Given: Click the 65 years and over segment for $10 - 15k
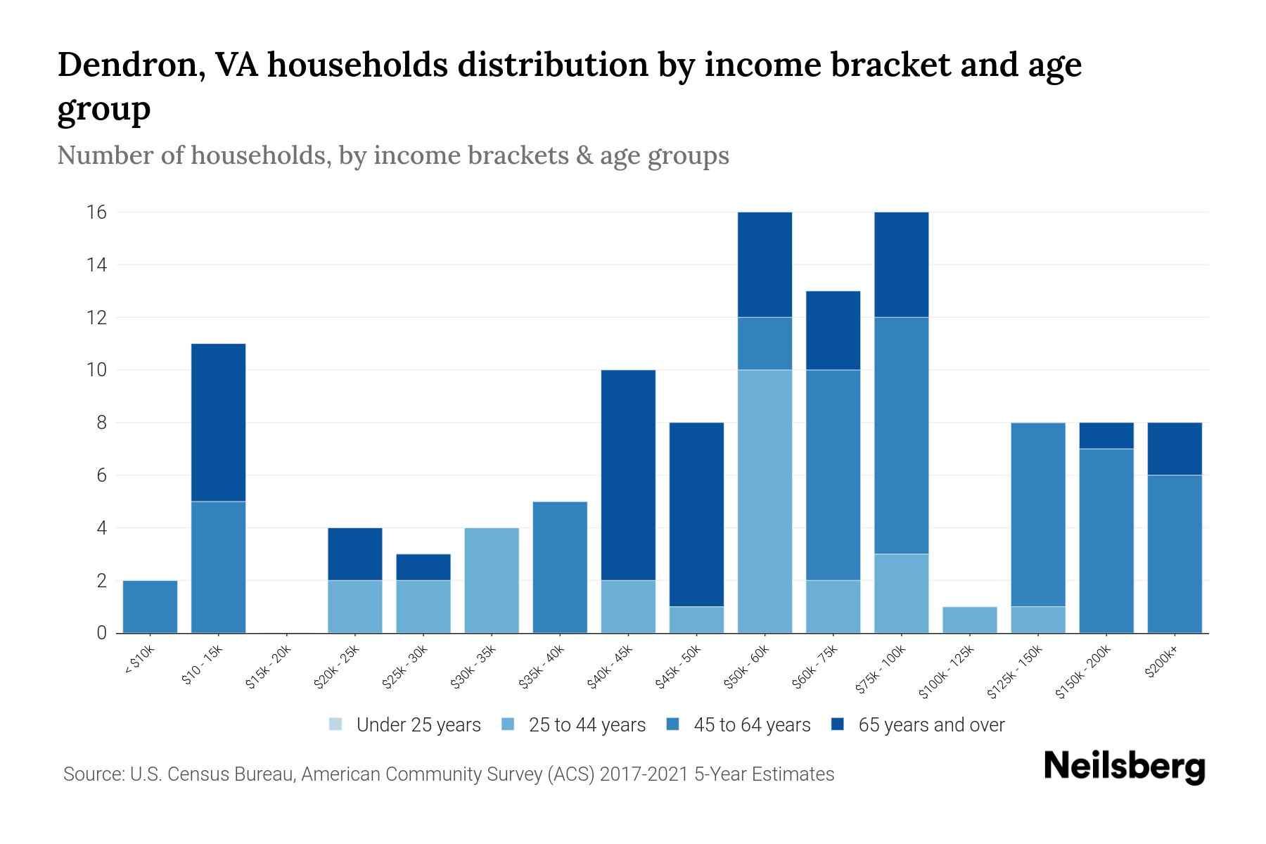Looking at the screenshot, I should [x=218, y=422].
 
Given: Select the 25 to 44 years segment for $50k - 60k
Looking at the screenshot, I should [x=765, y=501].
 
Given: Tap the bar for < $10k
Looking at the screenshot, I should [x=150, y=606].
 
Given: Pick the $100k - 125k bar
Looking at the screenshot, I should [x=969, y=620].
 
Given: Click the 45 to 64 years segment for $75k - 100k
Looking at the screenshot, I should [x=901, y=435].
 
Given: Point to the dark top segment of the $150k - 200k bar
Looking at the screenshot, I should [x=1106, y=435].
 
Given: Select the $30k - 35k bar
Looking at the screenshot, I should [x=492, y=580].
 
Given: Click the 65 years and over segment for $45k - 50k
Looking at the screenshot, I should [x=696, y=514].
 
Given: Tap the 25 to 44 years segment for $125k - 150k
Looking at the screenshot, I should [x=1037, y=620].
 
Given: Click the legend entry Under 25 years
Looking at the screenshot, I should [x=418, y=725].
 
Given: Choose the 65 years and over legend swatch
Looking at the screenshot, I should [x=838, y=724].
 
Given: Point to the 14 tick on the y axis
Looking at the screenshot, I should [x=97, y=265].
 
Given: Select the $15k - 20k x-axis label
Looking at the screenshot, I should [x=269, y=667].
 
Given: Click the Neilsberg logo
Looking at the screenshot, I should [x=1124, y=767].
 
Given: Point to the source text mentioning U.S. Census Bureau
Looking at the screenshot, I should [x=448, y=774].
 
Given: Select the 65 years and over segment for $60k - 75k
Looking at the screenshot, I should [x=833, y=330].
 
